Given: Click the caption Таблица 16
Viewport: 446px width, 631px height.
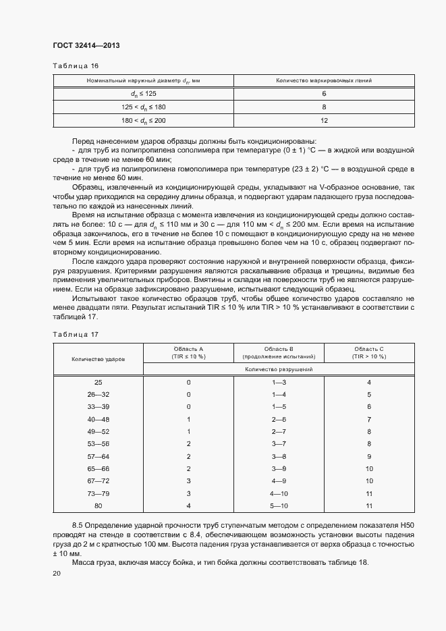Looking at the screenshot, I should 76,66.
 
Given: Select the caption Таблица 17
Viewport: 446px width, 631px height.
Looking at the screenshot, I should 76,334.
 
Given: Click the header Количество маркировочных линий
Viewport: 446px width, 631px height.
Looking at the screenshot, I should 324,81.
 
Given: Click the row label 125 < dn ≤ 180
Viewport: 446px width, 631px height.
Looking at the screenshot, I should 143,107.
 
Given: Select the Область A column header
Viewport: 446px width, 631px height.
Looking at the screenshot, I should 189,352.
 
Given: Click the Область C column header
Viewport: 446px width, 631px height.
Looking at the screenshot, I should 369,352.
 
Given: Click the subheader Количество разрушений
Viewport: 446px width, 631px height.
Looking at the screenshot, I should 279,369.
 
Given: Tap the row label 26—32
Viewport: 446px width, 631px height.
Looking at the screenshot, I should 99,394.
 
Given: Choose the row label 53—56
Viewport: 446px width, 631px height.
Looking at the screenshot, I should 99,443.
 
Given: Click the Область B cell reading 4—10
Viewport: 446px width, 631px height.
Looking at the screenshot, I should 279,493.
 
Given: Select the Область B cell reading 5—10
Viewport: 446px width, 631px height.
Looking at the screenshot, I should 279,505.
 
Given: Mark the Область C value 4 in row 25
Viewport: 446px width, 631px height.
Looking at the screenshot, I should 369,382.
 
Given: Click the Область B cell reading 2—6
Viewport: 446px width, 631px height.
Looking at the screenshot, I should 279,419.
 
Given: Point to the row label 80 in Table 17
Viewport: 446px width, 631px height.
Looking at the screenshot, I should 99,505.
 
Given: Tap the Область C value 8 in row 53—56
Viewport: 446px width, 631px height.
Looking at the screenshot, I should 369,443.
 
